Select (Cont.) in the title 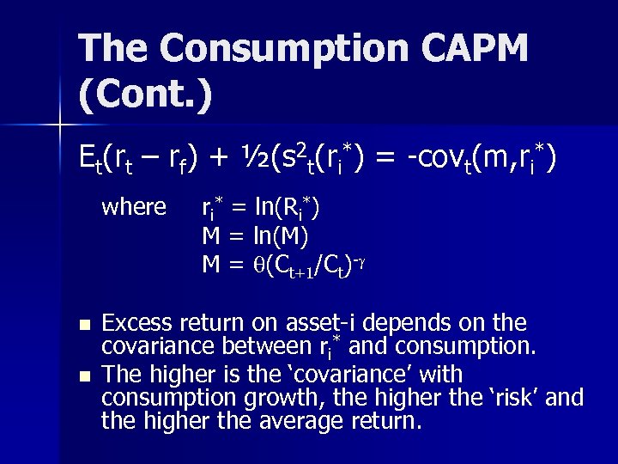pos(144,94)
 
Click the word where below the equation pos(133,207)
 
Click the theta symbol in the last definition pos(259,266)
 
